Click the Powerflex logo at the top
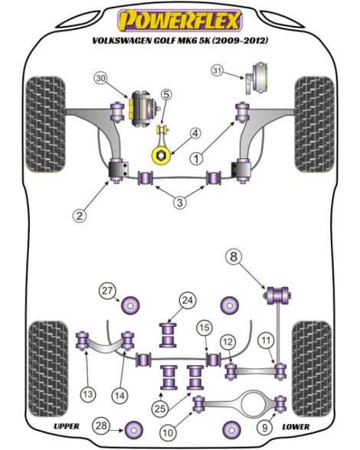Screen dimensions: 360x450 pos(180,21)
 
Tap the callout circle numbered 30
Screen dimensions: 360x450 pos(101,78)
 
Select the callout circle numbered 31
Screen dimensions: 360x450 pos(218,70)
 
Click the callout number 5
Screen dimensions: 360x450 pos(166,94)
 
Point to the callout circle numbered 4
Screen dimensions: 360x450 pos(195,133)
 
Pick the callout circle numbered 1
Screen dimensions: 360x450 pos(196,158)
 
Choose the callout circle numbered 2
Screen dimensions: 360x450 pos(80,215)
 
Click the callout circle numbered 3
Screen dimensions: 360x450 pos(180,203)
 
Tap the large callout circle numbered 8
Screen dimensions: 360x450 pos(234,256)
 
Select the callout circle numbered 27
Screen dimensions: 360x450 pos(107,291)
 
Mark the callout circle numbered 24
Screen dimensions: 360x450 pos(188,301)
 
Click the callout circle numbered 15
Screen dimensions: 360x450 pos(205,328)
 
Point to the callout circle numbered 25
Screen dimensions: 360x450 pos(160,409)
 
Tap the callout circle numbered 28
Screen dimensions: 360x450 pos(101,426)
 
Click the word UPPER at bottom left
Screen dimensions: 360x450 pos(67,426)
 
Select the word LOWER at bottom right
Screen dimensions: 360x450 pos(296,427)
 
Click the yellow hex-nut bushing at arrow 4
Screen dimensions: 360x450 pos(161,155)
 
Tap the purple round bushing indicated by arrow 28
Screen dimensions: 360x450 pos(134,430)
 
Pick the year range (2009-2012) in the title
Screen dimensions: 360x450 pos(240,41)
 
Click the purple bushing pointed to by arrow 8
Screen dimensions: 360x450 pos(277,295)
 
